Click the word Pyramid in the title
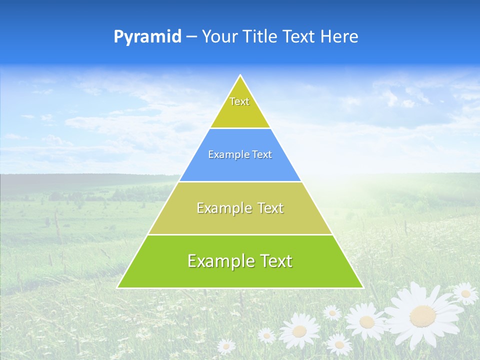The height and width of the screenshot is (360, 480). (147, 37)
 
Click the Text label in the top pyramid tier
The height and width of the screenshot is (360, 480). (239, 101)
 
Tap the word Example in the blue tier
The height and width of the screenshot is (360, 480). (225, 155)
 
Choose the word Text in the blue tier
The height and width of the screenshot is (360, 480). (262, 155)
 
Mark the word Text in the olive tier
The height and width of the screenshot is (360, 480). (271, 208)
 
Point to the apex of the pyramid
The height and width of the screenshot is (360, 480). (240, 76)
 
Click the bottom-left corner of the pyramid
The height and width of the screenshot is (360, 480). (118, 287)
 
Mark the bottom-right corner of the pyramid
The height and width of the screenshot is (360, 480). (362, 287)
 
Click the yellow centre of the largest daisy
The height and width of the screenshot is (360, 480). (422, 315)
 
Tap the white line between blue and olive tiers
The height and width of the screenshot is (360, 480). (240, 181)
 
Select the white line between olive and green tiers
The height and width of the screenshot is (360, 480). (240, 234)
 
